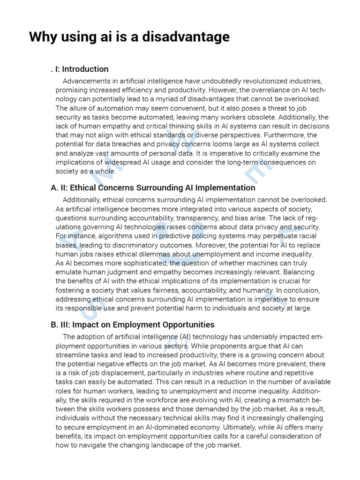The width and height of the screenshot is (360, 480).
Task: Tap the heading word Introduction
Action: (85, 69)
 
